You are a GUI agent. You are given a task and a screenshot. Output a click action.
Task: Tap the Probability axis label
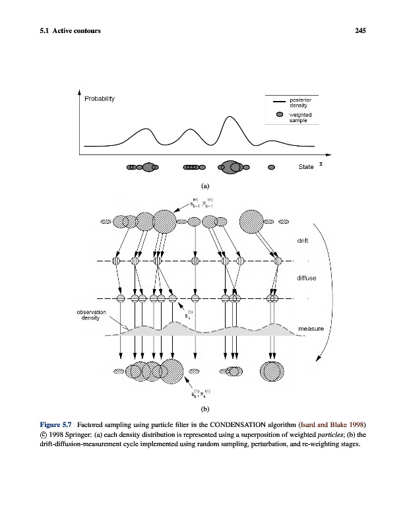100,99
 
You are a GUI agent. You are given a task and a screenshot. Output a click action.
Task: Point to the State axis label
306,167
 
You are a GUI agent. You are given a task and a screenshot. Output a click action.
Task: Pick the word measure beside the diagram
311,328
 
